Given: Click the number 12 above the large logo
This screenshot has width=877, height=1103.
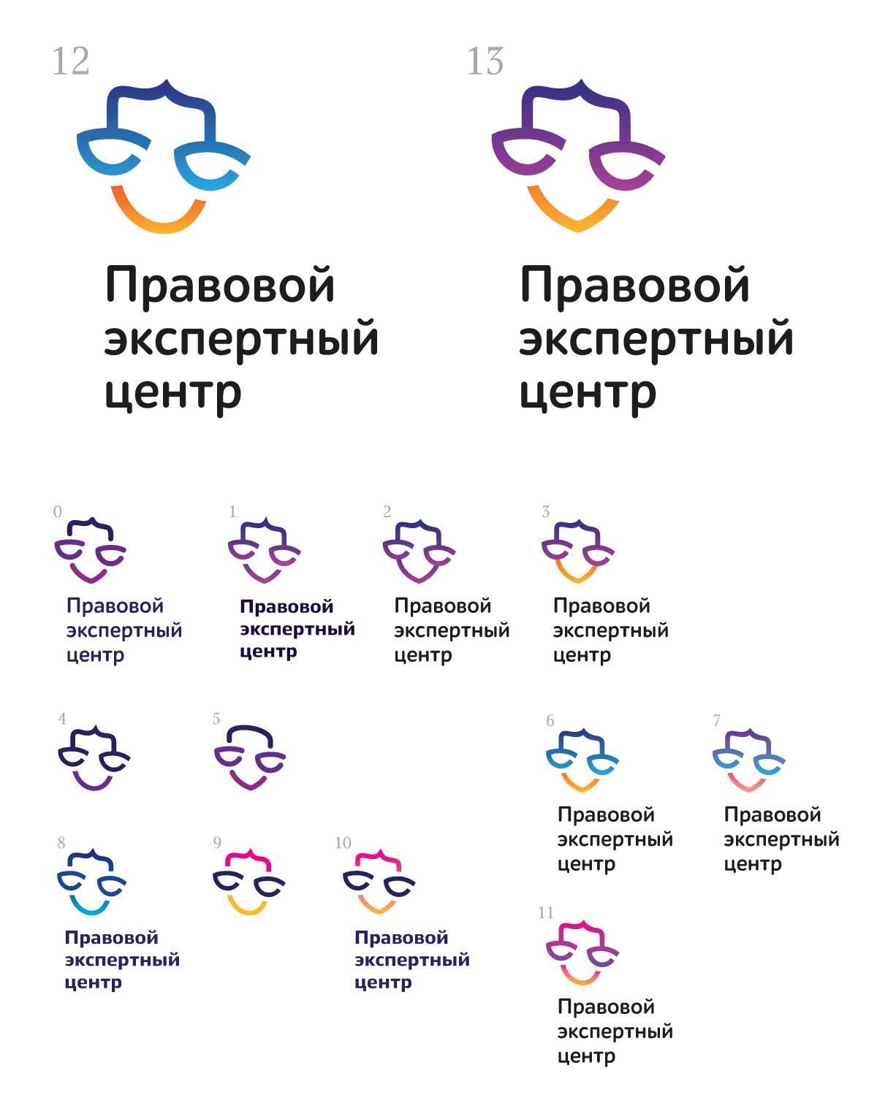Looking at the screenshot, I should [x=71, y=61].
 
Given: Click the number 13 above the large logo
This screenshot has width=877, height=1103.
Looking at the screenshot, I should [x=485, y=61].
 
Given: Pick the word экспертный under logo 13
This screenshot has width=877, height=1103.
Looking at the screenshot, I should [x=656, y=340].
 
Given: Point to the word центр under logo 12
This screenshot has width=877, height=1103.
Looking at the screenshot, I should [x=172, y=393].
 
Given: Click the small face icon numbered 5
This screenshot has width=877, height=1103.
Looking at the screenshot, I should [x=249, y=757].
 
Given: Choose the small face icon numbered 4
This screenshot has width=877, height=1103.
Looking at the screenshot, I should [x=94, y=758].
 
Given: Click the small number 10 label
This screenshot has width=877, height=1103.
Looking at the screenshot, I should [x=343, y=843].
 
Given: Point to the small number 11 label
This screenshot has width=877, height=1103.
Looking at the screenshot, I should [x=546, y=913].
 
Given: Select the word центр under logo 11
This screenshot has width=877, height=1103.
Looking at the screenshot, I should [x=586, y=1056].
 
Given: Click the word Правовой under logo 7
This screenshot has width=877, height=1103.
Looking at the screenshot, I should [x=772, y=814].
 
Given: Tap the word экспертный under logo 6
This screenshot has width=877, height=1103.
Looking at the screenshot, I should [x=615, y=840].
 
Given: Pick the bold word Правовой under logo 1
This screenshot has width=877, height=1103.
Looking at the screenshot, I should [x=286, y=607].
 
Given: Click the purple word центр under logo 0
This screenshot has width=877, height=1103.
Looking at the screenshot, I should [x=95, y=655].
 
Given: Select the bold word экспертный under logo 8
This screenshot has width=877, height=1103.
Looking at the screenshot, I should [x=122, y=960].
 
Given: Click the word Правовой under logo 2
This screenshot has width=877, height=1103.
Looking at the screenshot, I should [x=442, y=606].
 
